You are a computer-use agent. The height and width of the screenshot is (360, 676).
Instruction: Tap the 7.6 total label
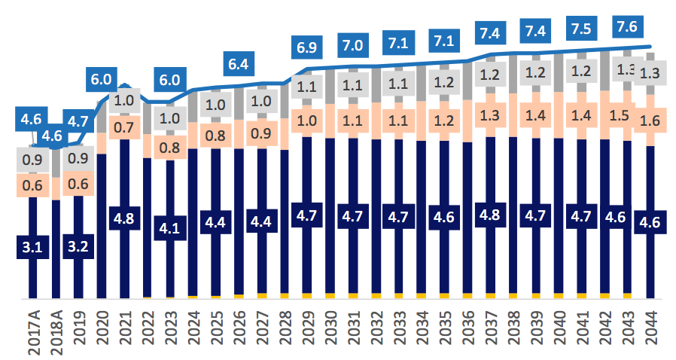click(x=629, y=26)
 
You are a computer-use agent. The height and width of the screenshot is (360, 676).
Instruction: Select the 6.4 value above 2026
click(x=239, y=64)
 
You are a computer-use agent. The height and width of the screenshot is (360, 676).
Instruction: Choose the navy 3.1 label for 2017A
click(x=32, y=246)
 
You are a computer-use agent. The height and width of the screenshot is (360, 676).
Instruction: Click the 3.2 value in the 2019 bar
click(x=78, y=246)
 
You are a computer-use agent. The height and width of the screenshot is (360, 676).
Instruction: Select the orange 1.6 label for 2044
click(x=651, y=119)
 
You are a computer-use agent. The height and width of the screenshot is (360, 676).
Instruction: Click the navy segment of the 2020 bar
click(x=102, y=226)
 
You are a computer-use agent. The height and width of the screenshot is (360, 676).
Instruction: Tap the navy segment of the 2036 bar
click(x=468, y=218)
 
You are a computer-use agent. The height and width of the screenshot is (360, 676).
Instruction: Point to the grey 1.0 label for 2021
click(x=124, y=101)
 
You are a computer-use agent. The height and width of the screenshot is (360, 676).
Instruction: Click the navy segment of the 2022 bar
click(x=148, y=226)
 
